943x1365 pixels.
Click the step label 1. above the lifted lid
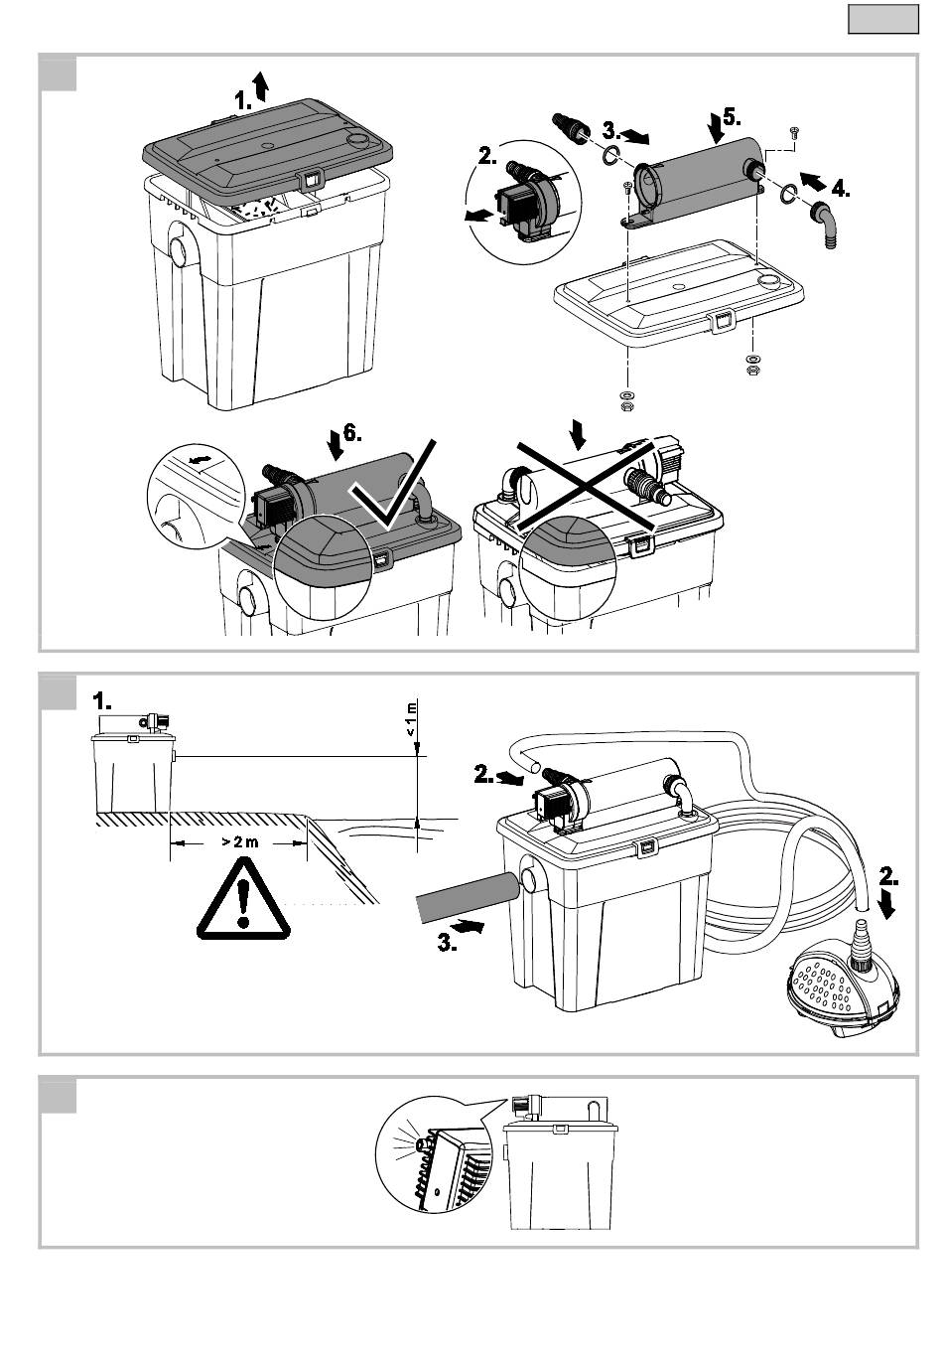(x=243, y=100)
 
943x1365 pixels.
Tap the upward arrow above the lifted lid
(x=261, y=85)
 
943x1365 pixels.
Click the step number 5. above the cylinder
(x=732, y=116)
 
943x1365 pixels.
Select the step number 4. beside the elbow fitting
(x=841, y=189)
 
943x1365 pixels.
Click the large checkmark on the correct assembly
(x=393, y=483)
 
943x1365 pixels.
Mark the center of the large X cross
(x=586, y=486)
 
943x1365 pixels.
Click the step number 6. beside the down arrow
(x=352, y=433)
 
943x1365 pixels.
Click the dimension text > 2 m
(x=239, y=842)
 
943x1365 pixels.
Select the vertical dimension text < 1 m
(x=412, y=718)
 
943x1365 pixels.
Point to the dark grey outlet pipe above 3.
(x=469, y=898)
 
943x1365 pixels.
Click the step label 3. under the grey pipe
(x=448, y=944)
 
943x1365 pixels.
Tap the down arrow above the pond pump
(x=887, y=906)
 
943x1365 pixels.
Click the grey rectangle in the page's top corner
(x=883, y=19)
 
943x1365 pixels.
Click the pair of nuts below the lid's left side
(x=624, y=400)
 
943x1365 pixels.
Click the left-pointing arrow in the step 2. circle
(x=478, y=216)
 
